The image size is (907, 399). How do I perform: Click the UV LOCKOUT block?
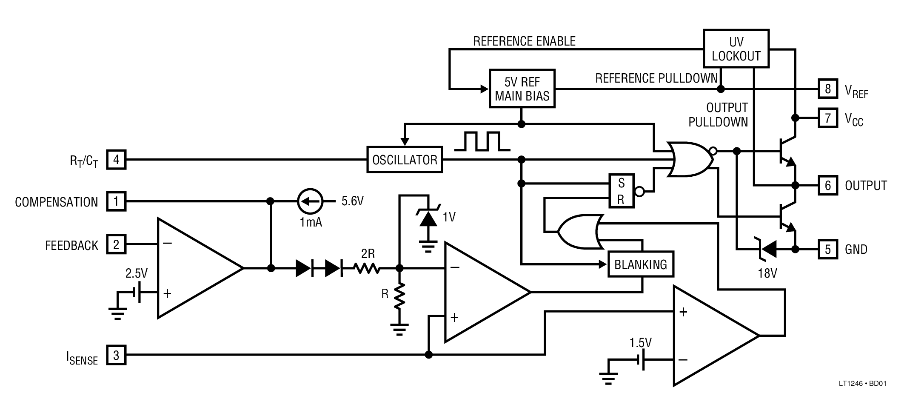pos(736,49)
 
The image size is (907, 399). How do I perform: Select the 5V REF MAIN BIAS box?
pos(522,89)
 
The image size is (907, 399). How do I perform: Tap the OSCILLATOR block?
pos(405,160)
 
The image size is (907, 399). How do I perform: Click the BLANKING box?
pos(641,264)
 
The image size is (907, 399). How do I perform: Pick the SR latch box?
pos(621,191)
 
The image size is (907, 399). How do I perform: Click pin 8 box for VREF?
pos(828,89)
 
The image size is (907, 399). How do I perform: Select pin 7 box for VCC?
pos(828,118)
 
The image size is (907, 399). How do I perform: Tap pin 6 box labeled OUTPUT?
pos(828,185)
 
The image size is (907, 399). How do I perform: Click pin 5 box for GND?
pos(828,249)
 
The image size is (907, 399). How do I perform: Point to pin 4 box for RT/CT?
pos(116,160)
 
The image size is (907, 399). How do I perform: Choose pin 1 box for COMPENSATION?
pos(116,201)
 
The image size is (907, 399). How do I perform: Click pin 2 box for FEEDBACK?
pos(116,244)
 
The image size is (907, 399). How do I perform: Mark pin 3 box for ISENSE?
pos(116,355)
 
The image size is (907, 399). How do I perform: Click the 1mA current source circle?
pos(310,201)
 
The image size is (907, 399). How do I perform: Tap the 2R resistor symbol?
pos(368,268)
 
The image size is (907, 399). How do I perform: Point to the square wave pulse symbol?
pos(482,142)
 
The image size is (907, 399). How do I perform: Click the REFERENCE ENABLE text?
pos(524,41)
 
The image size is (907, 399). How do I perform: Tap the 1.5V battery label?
pos(640,343)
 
